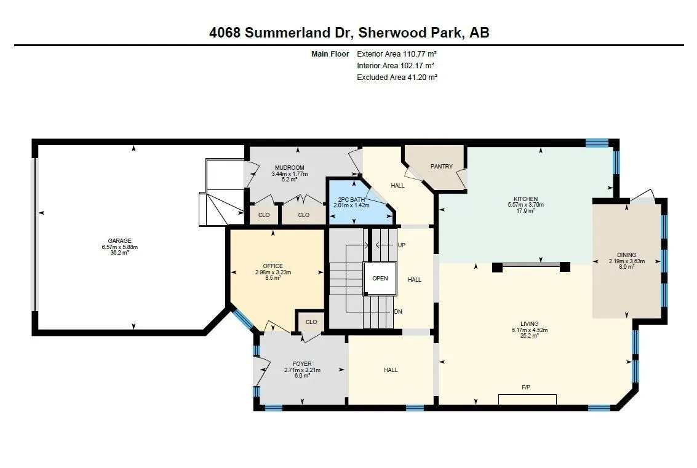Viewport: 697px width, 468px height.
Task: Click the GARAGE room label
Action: click(x=120, y=240)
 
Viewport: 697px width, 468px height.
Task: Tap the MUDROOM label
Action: click(x=289, y=167)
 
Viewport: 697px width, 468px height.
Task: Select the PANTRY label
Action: click(x=441, y=166)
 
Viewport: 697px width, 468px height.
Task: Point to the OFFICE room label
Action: click(x=273, y=266)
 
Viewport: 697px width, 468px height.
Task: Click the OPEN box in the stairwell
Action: click(x=380, y=278)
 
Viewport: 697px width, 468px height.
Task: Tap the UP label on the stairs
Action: click(x=401, y=244)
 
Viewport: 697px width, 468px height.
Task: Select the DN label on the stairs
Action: click(x=398, y=312)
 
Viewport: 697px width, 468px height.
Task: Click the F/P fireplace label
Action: click(x=526, y=387)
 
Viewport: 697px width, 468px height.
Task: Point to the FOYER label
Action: click(x=301, y=363)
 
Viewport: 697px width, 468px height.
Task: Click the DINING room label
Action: click(x=626, y=255)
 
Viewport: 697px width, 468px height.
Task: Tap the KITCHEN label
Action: click(x=525, y=199)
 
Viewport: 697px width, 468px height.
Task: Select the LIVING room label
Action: click(x=529, y=323)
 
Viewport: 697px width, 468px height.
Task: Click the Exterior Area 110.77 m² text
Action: click(x=396, y=54)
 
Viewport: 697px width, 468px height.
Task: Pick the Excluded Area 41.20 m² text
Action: click(x=397, y=77)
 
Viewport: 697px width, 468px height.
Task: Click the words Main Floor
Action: click(x=330, y=54)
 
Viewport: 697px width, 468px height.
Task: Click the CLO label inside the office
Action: click(x=311, y=322)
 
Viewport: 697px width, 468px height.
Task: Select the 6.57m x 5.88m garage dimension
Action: click(x=120, y=247)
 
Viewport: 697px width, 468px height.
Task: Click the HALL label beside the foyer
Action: click(x=391, y=370)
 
